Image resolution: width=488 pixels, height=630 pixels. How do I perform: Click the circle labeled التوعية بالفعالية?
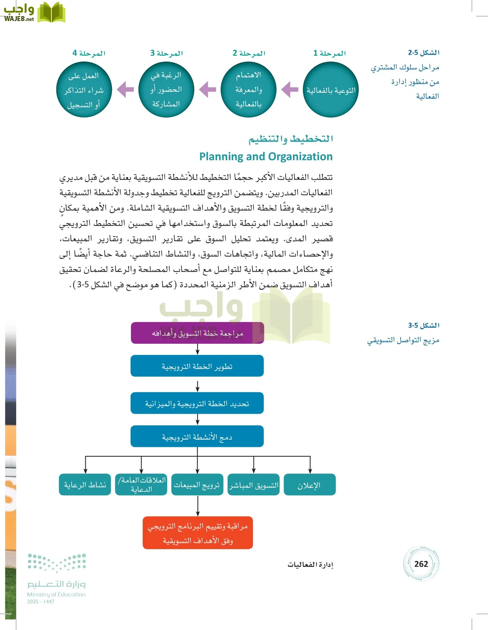[331, 90]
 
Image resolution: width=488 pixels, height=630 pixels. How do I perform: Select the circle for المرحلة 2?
[249, 90]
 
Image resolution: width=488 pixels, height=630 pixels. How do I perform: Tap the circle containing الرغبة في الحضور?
[166, 90]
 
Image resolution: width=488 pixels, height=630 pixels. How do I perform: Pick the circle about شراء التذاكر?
[84, 90]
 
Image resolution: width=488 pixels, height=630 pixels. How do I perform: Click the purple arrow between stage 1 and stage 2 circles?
[290, 90]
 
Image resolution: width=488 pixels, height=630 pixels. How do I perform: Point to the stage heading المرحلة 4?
[89, 53]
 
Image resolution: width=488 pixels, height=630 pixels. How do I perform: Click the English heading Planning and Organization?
[266, 156]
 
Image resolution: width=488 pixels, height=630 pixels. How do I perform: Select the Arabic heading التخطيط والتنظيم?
[290, 139]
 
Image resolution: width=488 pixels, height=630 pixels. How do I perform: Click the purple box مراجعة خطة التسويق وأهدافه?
[197, 333]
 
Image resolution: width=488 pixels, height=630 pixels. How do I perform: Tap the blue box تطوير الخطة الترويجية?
[197, 366]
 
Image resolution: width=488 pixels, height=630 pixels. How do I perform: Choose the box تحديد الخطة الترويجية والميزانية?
[197, 403]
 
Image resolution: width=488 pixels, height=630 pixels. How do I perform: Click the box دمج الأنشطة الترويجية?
[197, 436]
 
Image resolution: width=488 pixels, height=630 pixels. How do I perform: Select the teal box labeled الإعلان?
[309, 485]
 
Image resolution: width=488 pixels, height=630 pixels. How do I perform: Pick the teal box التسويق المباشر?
[253, 485]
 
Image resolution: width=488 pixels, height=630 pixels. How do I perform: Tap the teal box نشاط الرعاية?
[85, 485]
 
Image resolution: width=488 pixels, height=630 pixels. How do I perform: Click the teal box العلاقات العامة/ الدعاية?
[141, 485]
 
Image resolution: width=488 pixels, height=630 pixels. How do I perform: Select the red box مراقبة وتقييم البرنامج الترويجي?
[198, 533]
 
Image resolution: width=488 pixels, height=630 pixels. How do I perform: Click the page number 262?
[421, 564]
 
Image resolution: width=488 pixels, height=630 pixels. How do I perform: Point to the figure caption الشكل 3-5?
[423, 325]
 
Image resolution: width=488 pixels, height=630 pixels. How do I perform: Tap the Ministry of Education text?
[56, 594]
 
